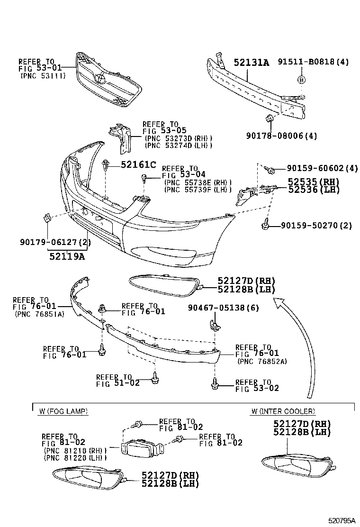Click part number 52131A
point(251,62)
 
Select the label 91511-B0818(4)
point(313,62)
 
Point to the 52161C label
point(138,164)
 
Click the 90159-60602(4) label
point(322,168)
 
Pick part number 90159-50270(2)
point(315,225)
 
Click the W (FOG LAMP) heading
point(63,411)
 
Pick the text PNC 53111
point(43,76)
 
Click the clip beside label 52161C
point(107,165)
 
